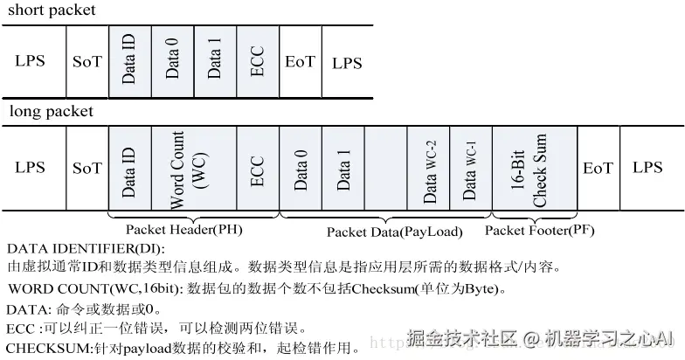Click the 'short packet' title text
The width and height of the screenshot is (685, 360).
(51, 10)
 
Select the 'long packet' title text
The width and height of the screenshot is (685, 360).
(51, 112)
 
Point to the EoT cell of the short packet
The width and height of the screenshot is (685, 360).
(300, 62)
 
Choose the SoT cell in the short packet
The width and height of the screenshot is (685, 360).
(87, 62)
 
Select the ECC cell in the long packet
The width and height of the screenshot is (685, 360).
(257, 169)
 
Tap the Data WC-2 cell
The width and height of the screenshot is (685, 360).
(429, 169)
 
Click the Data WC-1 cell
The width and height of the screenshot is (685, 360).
(470, 169)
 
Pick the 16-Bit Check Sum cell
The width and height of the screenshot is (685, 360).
(534, 169)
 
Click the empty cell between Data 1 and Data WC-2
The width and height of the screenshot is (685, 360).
(386, 169)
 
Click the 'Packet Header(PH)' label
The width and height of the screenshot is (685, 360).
(183, 230)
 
